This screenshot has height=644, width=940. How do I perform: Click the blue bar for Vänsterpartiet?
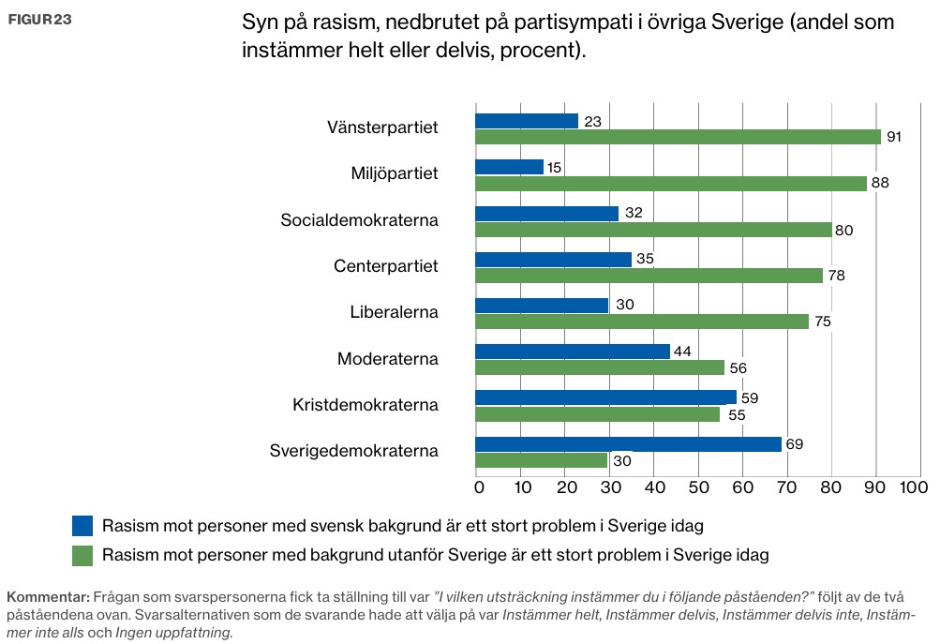527,121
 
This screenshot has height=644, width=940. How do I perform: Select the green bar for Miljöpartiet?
671,184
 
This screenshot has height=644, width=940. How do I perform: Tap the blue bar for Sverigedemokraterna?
628,444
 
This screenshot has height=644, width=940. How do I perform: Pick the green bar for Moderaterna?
600,367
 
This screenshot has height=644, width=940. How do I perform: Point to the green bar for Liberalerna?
642,322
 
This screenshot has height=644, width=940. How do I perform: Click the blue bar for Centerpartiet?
553,260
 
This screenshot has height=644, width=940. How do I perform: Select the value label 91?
894,137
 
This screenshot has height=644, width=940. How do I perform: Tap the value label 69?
795,444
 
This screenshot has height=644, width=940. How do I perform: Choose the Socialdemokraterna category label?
360,220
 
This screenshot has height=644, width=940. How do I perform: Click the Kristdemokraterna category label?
366,405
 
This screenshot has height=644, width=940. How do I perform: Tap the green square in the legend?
83,555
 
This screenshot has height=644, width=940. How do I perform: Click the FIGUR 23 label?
39,20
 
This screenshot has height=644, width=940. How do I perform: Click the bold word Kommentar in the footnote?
46,597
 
